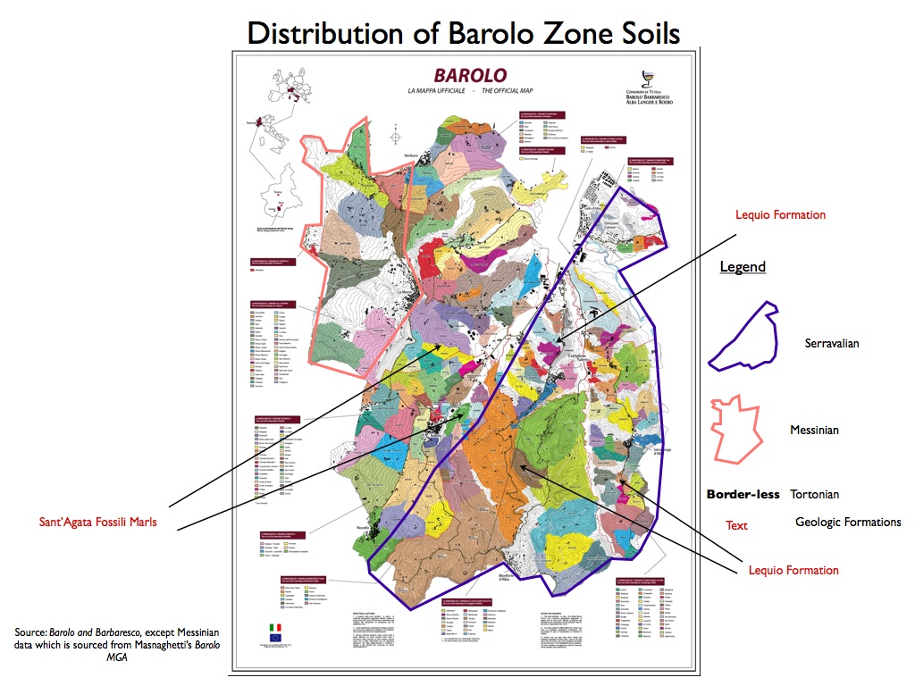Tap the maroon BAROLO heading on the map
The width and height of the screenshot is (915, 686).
tap(469, 75)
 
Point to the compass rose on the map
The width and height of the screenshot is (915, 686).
tap(396, 138)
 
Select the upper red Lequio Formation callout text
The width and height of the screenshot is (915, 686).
tap(780, 215)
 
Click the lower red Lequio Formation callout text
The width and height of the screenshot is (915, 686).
tap(793, 570)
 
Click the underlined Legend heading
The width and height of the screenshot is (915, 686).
tap(743, 267)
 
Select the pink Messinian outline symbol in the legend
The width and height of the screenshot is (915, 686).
tap(733, 430)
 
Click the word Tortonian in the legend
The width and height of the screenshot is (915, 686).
tap(814, 494)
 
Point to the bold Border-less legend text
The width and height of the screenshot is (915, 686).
tap(743, 494)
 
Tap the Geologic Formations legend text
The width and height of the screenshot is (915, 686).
tap(848, 523)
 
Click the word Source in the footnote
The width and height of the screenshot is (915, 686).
tap(29, 632)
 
